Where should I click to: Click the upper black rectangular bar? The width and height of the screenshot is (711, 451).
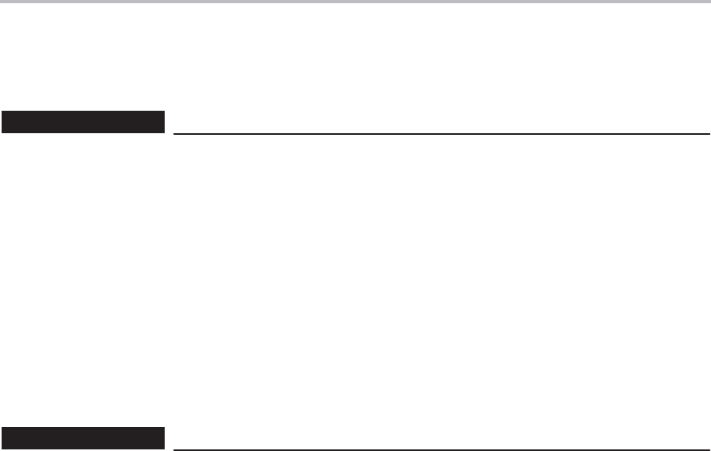pos(83,122)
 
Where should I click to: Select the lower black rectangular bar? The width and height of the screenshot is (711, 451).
pos(83,438)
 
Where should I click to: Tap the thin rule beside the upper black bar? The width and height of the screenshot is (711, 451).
pos(442,133)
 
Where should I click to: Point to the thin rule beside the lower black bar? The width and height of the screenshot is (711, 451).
pos(442,449)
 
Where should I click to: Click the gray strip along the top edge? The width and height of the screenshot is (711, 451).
pos(355,2)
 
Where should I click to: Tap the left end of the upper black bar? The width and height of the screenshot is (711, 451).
pos(3,122)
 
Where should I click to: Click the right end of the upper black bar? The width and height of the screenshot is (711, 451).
pos(163,122)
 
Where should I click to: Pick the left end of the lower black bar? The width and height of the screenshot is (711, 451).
pos(3,438)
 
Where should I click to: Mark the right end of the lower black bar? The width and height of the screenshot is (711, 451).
pos(163,438)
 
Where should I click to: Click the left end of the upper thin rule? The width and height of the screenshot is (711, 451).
pos(175,133)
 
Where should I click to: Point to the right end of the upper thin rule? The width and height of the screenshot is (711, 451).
pos(709,133)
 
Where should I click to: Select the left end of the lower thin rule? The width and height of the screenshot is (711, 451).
pos(175,449)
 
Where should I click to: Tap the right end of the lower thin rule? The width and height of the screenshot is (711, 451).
pos(709,449)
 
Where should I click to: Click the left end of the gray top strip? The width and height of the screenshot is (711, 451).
pos(2,2)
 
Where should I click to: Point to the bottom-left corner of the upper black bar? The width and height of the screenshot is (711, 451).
pos(2,132)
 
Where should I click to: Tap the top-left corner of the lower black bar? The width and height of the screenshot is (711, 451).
pos(2,429)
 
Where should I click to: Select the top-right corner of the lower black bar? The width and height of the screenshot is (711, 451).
pos(164,429)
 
